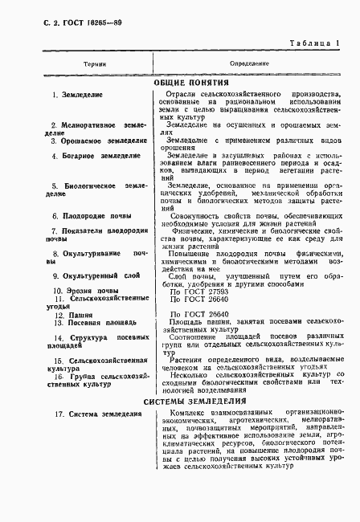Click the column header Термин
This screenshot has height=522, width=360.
(x=72, y=62)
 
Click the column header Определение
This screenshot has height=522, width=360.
(x=249, y=62)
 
